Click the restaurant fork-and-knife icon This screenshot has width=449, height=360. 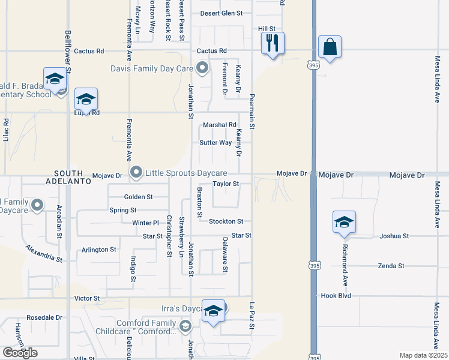(273, 43)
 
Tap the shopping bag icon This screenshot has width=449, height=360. (330, 47)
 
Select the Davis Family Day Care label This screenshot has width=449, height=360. (151, 68)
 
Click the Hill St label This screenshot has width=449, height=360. (267, 28)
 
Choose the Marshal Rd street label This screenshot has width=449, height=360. (220, 125)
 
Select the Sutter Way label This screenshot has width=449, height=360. (216, 143)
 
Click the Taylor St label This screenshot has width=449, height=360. (226, 184)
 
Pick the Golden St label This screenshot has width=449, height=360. (139, 197)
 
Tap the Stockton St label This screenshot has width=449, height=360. (226, 221)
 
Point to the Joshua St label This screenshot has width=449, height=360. (394, 236)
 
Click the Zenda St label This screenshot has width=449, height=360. (391, 266)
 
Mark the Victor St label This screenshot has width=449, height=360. (86, 298)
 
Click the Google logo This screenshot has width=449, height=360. (20, 352)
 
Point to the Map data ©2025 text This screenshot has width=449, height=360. (424, 355)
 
